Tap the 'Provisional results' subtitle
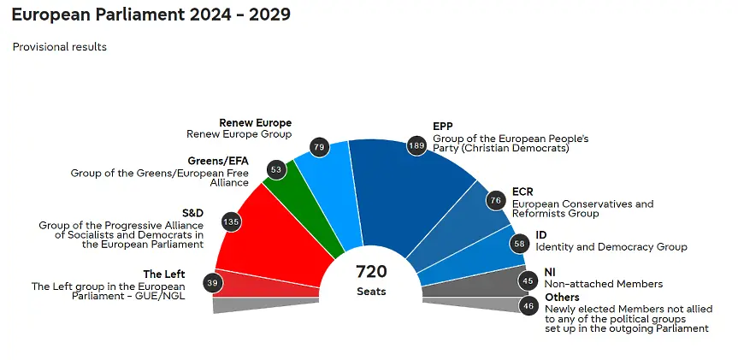pyautogui.click(x=59, y=47)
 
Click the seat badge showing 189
pyautogui.click(x=416, y=145)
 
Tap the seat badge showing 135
pyautogui.click(x=230, y=222)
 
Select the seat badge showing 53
pyautogui.click(x=275, y=169)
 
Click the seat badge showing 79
pyautogui.click(x=319, y=148)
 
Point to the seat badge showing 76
pyautogui.click(x=495, y=201)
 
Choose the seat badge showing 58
pyautogui.click(x=519, y=244)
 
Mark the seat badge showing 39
pyautogui.click(x=212, y=283)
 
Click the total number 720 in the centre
pyautogui.click(x=371, y=272)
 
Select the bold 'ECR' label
pyautogui.click(x=522, y=192)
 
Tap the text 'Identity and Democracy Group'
pyautogui.click(x=599, y=247)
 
